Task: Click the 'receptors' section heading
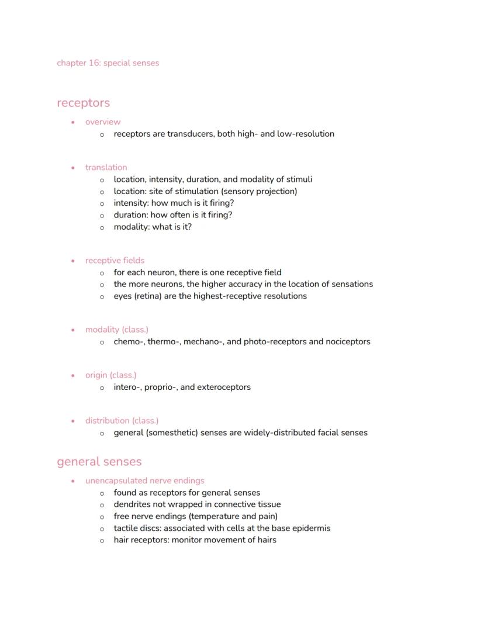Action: point(83,103)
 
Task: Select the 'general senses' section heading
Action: point(99,462)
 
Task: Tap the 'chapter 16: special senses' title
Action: point(108,63)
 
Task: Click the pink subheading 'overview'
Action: point(103,122)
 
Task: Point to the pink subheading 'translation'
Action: point(106,168)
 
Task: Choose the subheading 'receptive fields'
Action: point(115,261)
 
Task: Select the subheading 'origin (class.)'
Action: point(110,375)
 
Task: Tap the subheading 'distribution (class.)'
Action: point(122,421)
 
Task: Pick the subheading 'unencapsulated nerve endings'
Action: point(144,481)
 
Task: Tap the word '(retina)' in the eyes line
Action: point(151,296)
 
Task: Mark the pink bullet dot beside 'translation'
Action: point(72,168)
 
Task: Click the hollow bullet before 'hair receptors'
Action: point(102,541)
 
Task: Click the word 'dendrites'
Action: point(132,504)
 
